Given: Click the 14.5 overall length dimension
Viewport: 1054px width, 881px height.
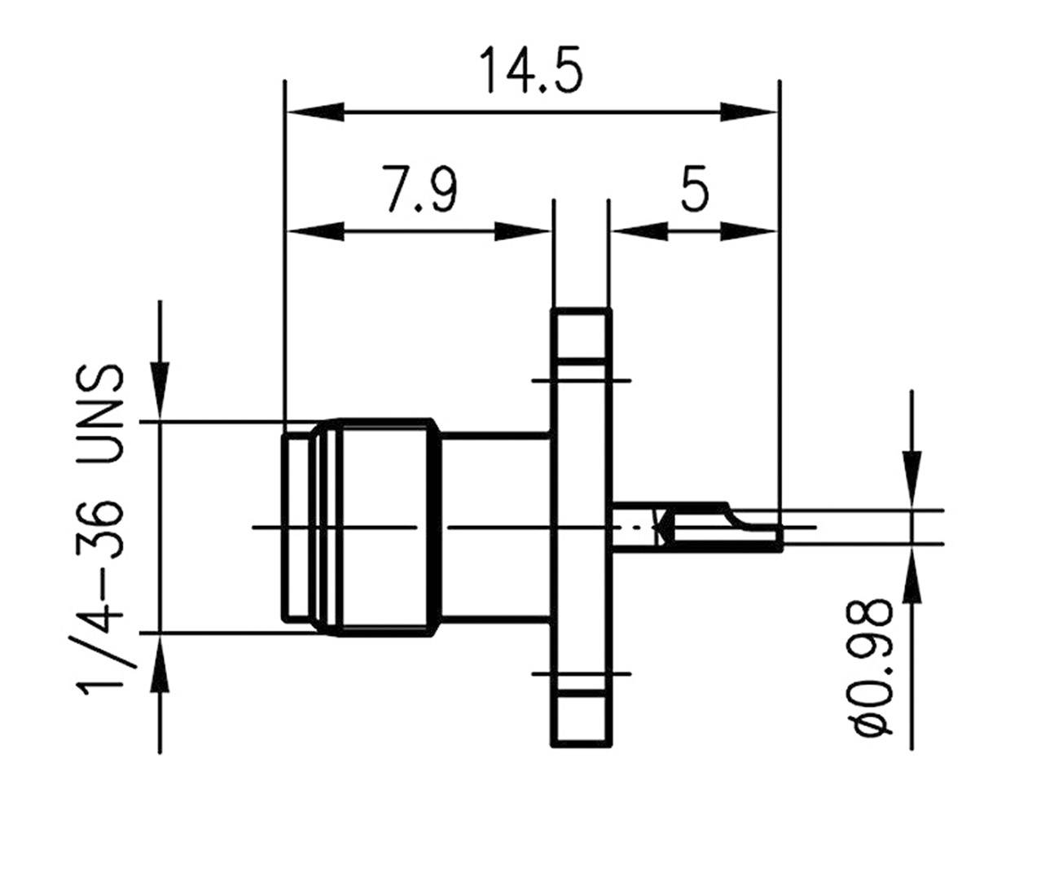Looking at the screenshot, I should [x=530, y=70].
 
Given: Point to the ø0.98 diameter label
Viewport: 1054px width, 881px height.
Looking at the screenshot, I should [x=871, y=668].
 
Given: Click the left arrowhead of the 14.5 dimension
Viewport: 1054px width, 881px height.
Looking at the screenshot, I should [x=314, y=112].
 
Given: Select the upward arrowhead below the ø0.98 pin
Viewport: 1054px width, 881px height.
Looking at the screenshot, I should [x=911, y=575].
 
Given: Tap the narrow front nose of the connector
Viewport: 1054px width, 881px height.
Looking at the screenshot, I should [x=296, y=526].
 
